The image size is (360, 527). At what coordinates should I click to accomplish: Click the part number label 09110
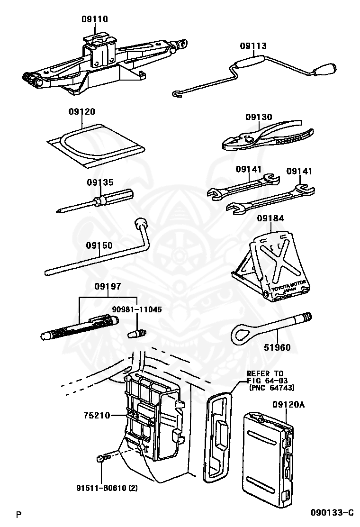point(94,19)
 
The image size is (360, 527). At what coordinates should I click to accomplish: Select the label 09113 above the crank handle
point(253,46)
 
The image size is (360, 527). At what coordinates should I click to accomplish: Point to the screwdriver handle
point(116,196)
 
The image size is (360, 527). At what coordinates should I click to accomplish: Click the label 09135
point(100,182)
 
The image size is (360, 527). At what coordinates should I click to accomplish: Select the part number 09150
point(99,245)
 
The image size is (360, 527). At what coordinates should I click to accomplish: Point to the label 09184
point(270,218)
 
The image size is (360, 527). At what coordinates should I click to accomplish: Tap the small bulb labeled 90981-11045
point(137,334)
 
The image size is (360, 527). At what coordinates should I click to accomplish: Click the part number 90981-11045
point(137,309)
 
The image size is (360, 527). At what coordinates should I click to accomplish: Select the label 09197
point(108,286)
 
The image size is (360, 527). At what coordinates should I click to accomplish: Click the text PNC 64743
point(272,388)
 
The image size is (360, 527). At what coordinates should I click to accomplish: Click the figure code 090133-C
point(332,512)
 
